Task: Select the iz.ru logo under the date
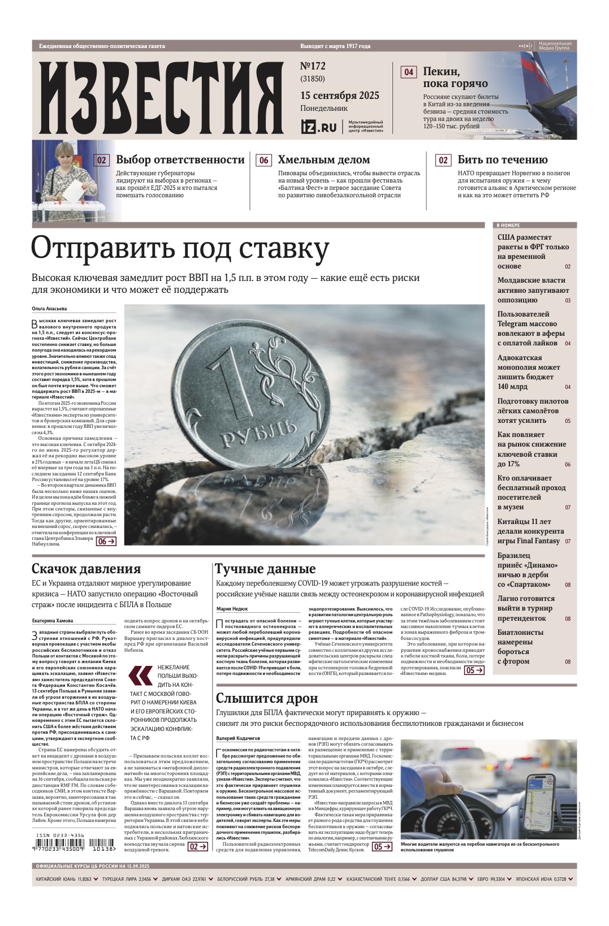click(x=318, y=127)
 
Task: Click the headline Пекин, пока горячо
click(x=455, y=77)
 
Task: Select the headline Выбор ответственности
click(x=180, y=159)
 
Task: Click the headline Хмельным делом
click(x=323, y=159)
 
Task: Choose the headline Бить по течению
click(x=502, y=159)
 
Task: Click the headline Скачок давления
click(x=86, y=568)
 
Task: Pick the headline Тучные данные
click(x=265, y=568)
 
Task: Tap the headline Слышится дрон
click(x=267, y=698)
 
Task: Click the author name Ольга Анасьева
click(x=49, y=309)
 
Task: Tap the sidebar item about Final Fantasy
click(x=532, y=531)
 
